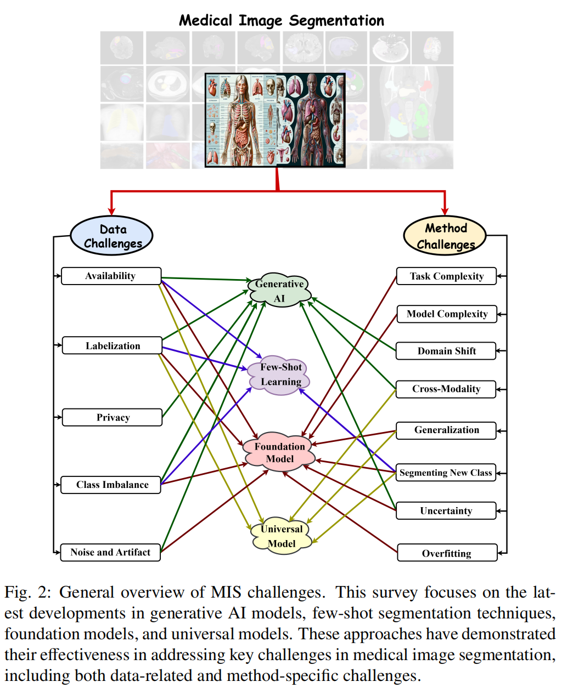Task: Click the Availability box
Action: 111,276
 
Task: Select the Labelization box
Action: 112,346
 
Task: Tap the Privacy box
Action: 113,417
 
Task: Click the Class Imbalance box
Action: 111,485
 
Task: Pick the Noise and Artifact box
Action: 110,552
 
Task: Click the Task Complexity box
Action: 446,276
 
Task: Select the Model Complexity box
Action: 447,314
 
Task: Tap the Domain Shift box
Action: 446,351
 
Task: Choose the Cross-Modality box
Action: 446,389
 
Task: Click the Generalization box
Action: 446,430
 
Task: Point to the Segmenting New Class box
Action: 446,473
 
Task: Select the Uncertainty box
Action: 446,511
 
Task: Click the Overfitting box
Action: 447,553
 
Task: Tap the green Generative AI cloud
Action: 279,291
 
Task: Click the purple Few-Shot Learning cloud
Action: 280,375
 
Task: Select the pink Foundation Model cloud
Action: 279,453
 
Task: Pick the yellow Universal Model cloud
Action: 281,536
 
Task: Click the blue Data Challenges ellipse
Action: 112,236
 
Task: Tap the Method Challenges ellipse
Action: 445,236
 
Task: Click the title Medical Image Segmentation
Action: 282,21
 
